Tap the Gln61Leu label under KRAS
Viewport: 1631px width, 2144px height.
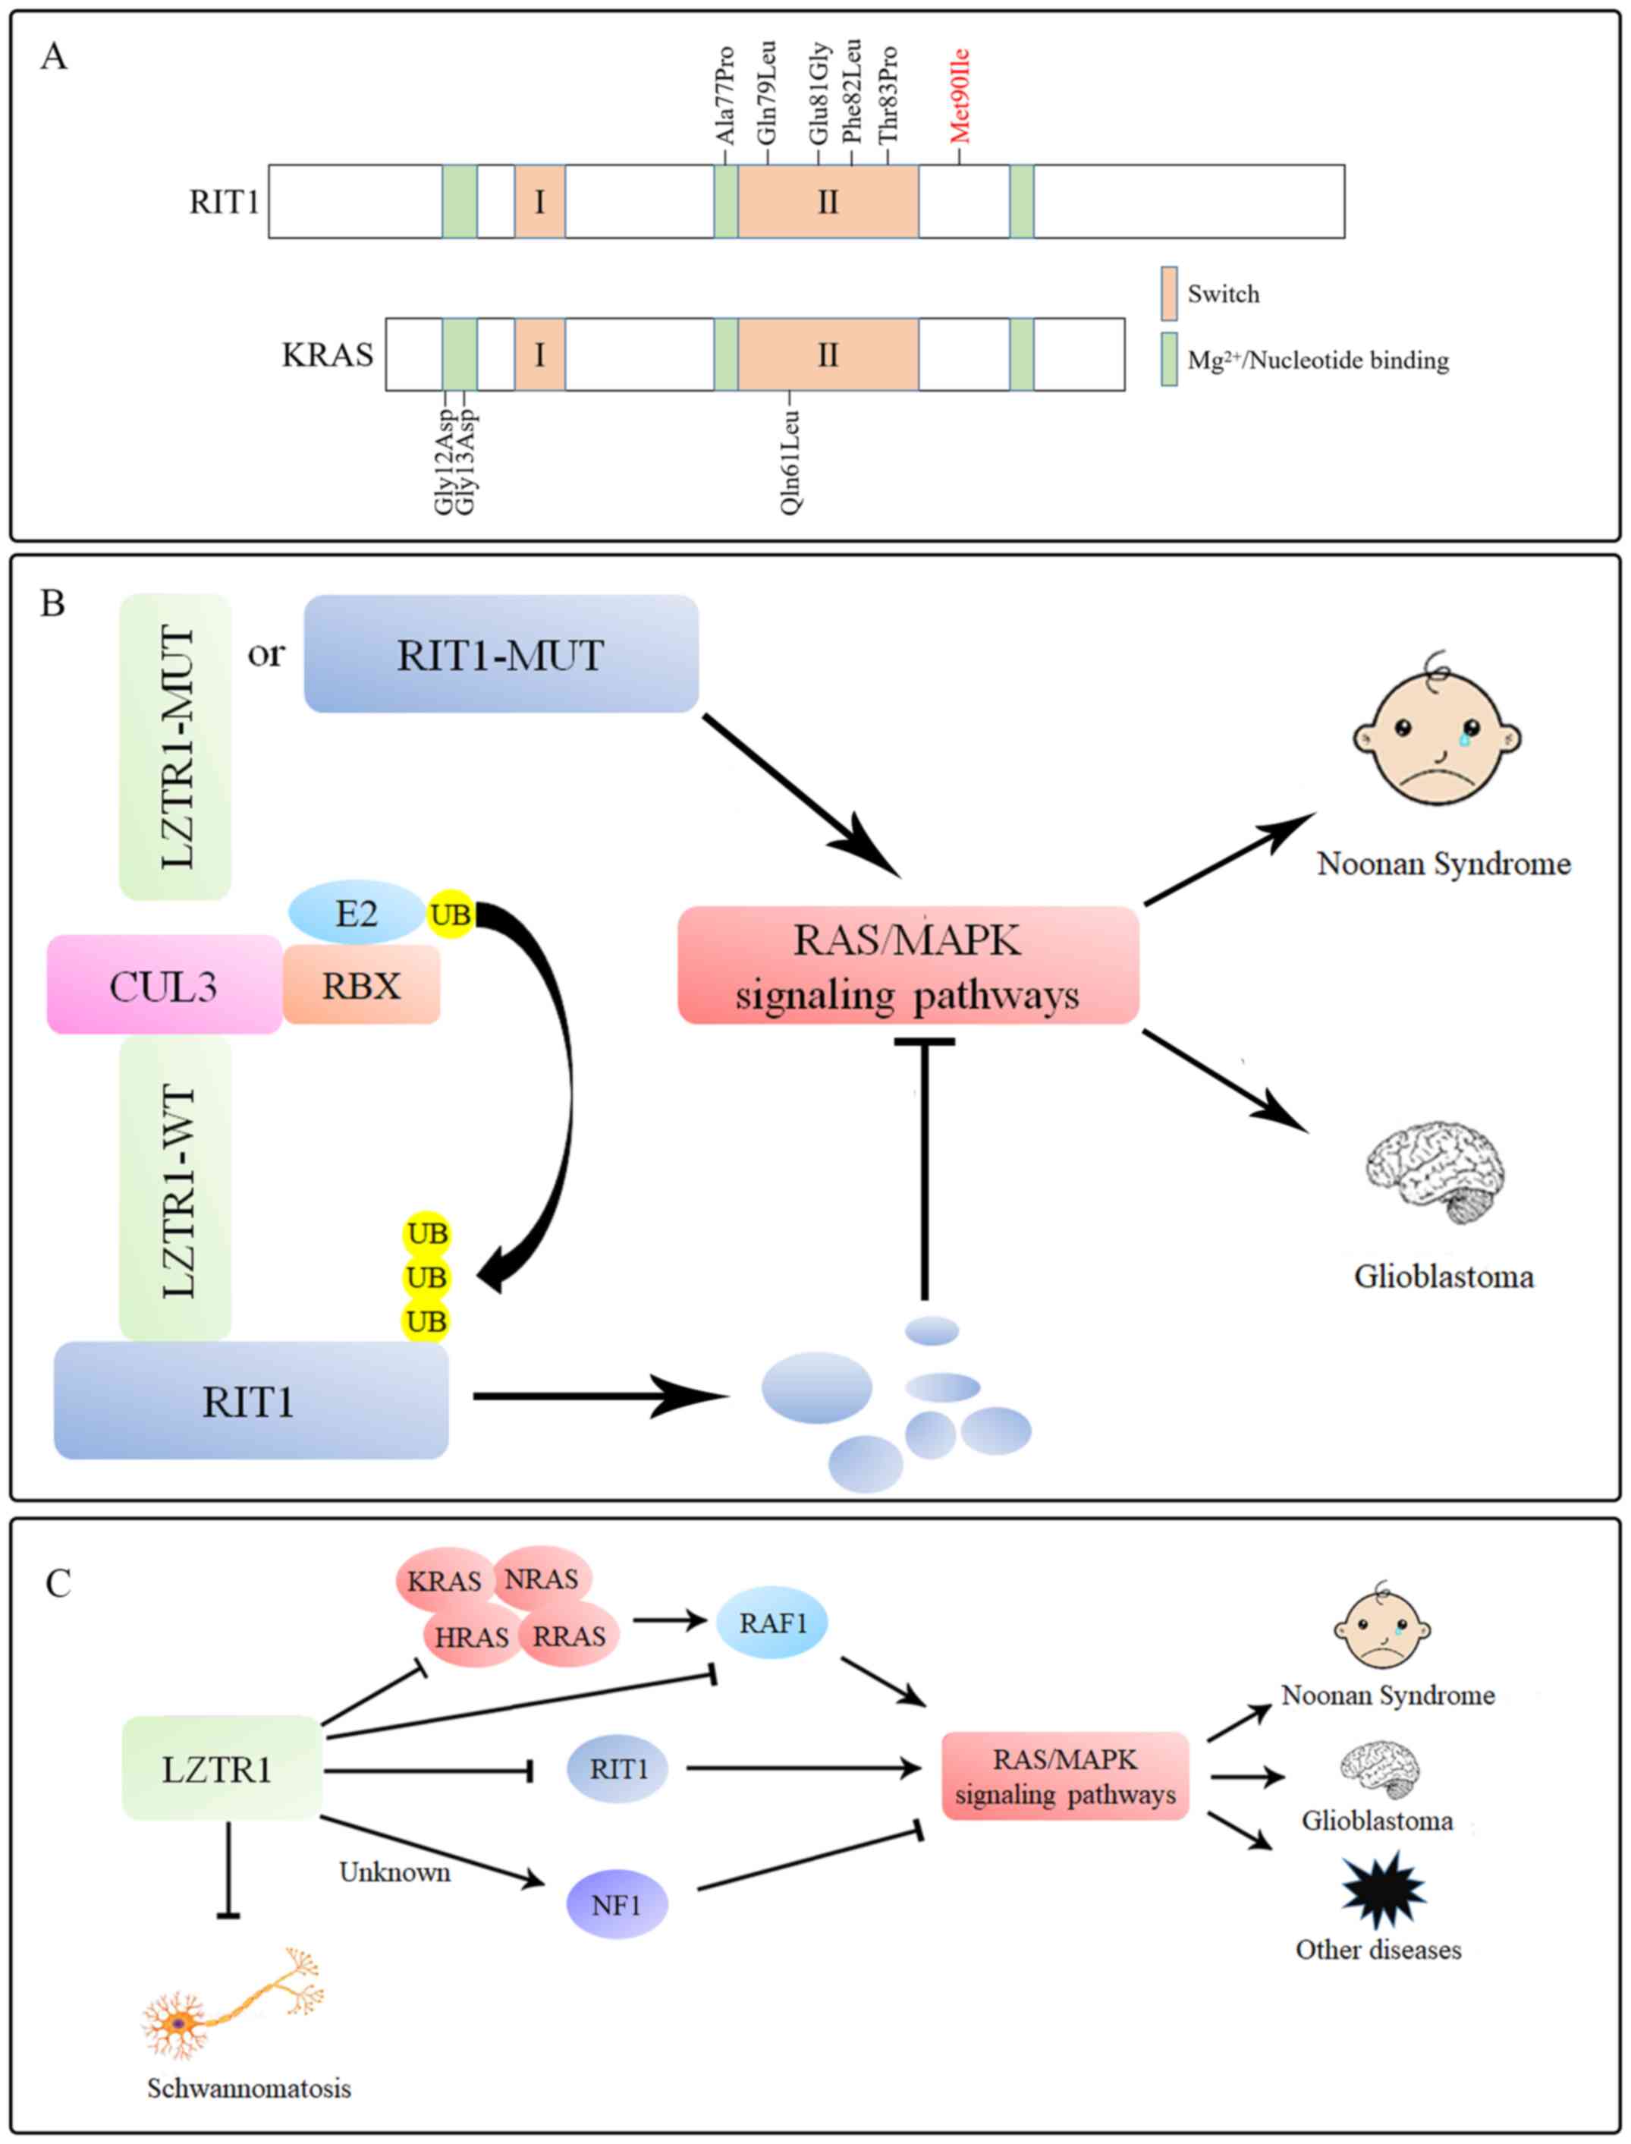(790, 461)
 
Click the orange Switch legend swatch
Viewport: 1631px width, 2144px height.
(1169, 293)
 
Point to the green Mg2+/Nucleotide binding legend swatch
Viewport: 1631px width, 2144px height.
(1169, 359)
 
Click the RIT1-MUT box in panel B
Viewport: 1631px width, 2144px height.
(501, 653)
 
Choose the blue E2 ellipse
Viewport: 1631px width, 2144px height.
(357, 913)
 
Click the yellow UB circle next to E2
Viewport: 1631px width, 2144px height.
(451, 914)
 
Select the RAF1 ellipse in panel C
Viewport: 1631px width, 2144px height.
(772, 1623)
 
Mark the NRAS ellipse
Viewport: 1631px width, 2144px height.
(542, 1578)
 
